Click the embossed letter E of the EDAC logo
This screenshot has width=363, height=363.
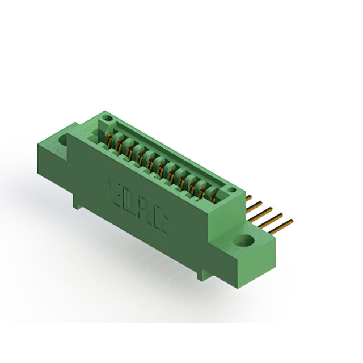114,189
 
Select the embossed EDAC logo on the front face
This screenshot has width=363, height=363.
137,204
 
